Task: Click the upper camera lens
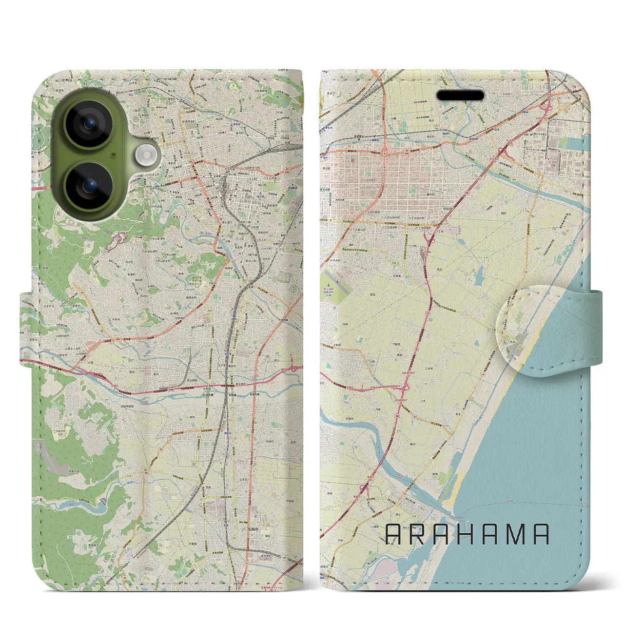pyautogui.click(x=89, y=124)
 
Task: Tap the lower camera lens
pyautogui.click(x=89, y=185)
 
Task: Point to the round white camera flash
pyautogui.click(x=145, y=156)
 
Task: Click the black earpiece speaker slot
pyautogui.click(x=460, y=95)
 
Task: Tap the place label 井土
pyautogui.click(x=466, y=412)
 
